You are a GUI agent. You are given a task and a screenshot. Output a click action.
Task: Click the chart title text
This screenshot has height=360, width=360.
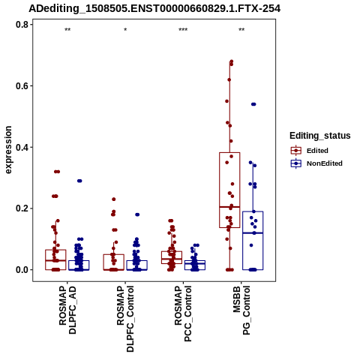click(154, 9)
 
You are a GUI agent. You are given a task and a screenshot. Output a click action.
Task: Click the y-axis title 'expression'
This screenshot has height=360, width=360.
click(8, 150)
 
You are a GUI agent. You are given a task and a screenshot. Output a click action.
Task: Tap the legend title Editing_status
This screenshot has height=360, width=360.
click(320, 136)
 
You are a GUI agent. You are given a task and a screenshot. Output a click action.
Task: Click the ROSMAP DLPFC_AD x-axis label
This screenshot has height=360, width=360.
click(67, 310)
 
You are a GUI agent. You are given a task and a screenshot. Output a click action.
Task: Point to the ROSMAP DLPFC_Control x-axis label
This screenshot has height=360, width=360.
click(125, 319)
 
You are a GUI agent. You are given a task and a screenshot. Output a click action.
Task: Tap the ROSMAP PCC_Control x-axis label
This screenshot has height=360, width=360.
click(183, 313)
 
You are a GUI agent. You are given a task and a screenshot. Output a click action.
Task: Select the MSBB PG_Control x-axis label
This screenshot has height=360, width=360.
click(241, 310)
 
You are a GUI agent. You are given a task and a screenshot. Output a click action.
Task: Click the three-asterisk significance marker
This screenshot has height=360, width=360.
click(183, 30)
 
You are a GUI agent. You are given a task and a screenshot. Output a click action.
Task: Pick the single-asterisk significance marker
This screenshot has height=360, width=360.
click(125, 30)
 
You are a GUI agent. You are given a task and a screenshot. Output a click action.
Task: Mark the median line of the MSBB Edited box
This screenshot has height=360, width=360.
click(229, 207)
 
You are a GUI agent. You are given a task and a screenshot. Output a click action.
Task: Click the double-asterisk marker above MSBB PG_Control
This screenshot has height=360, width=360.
click(241, 30)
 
